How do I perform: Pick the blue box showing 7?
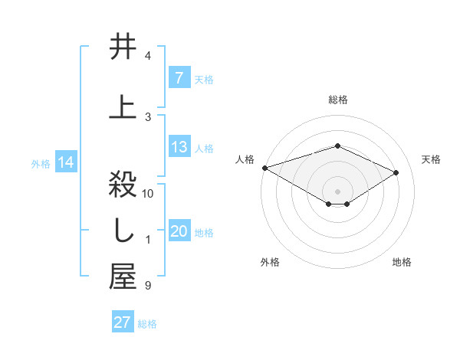coord(179,78)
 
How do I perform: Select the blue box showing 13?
coord(179,147)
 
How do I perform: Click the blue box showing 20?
coord(179,232)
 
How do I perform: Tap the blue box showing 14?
coord(65,162)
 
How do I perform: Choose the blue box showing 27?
coord(123,322)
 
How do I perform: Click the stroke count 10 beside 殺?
coord(148,194)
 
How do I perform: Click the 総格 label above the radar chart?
coord(338,100)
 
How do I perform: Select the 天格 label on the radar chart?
coord(431,159)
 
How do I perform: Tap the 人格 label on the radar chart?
coord(245,159)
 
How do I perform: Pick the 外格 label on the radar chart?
coord(270,262)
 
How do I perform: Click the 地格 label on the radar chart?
coord(402,262)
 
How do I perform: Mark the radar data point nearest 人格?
coord(264,167)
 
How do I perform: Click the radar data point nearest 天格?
coord(396,172)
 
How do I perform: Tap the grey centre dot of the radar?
coord(337,191)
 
